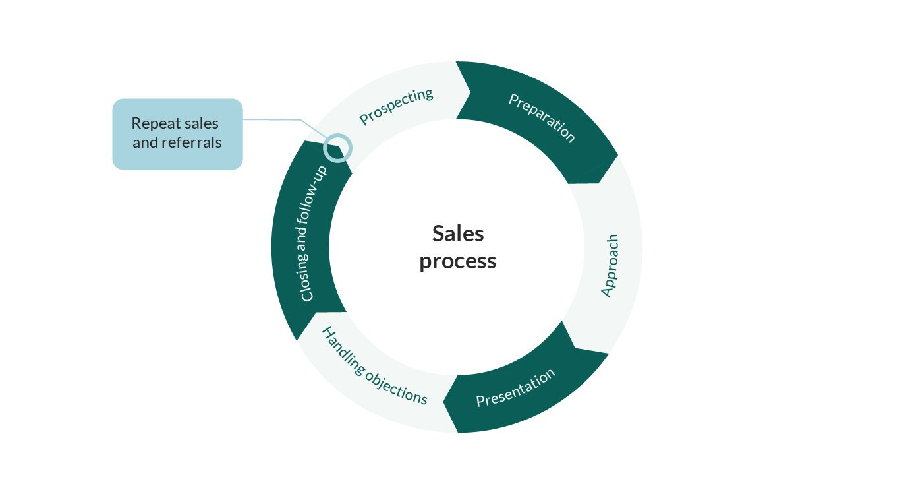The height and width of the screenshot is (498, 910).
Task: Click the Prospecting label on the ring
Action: pyautogui.click(x=396, y=106)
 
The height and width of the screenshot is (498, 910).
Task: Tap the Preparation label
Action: pyautogui.click(x=542, y=117)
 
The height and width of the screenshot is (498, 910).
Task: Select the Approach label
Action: pyautogui.click(x=610, y=265)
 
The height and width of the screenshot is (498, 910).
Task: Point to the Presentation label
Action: pyautogui.click(x=515, y=389)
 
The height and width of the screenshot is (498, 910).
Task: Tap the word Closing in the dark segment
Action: pyautogui.click(x=307, y=280)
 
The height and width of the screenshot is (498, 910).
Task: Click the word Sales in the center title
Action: pyautogui.click(x=458, y=233)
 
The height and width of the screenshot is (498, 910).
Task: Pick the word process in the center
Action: pyautogui.click(x=458, y=261)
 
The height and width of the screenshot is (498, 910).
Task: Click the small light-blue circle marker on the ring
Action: pyautogui.click(x=339, y=147)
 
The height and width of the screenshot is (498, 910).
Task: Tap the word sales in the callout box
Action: pyautogui.click(x=200, y=123)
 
